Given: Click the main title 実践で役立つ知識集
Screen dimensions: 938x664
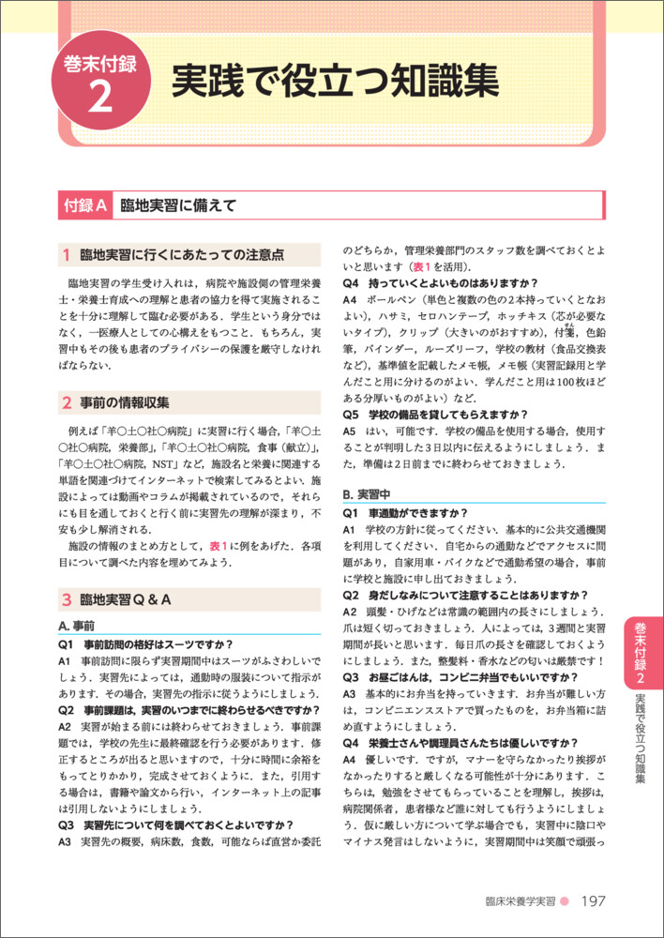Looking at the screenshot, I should [x=334, y=82].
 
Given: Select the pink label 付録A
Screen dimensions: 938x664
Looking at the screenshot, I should [x=84, y=204].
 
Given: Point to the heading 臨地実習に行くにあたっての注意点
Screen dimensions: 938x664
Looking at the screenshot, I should [x=182, y=255].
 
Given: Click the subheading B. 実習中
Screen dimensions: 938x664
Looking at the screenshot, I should [x=366, y=493].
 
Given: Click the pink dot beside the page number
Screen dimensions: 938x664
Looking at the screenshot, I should [x=565, y=902].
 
